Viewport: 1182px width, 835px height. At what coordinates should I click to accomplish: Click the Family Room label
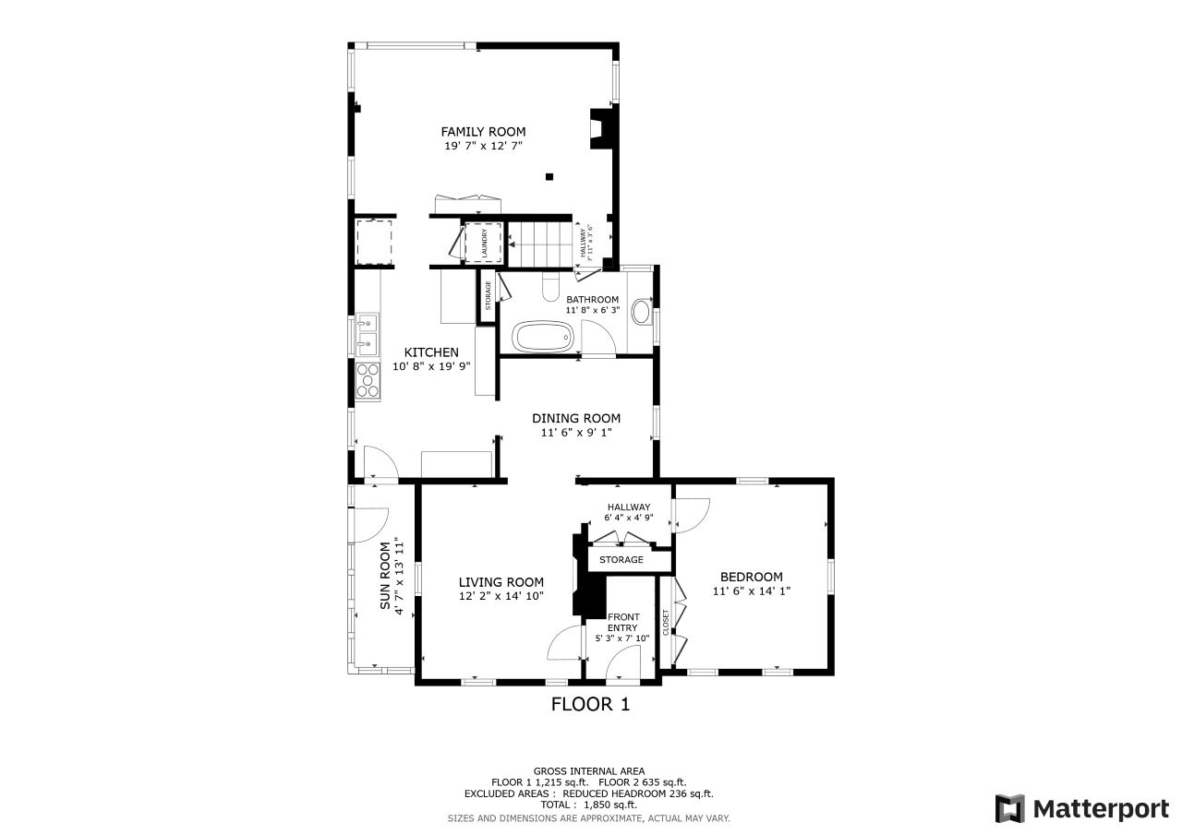click(483, 132)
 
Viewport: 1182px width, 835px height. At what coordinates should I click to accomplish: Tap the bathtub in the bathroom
click(542, 338)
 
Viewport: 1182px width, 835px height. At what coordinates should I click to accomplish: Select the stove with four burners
click(368, 380)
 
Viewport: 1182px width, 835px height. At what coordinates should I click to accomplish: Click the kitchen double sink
click(368, 334)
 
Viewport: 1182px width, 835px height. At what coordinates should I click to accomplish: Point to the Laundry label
click(485, 243)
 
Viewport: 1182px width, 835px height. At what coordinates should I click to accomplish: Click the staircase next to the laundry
click(539, 245)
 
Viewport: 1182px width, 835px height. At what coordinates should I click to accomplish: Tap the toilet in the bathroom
click(550, 287)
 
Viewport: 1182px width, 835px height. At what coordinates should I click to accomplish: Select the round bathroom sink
click(642, 311)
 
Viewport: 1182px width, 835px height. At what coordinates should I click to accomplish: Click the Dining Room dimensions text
click(576, 433)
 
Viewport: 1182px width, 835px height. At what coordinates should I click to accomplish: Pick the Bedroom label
click(752, 577)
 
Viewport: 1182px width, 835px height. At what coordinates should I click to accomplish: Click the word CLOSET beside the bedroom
click(666, 623)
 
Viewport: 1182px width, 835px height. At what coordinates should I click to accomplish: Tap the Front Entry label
click(623, 622)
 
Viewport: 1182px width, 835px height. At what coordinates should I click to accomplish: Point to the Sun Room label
click(385, 576)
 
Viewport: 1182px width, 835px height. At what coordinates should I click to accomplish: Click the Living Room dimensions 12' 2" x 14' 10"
click(501, 596)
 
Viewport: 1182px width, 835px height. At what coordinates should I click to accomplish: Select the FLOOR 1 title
click(590, 704)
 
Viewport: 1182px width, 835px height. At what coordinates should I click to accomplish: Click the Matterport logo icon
click(1010, 808)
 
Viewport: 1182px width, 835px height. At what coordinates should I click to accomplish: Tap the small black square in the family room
click(549, 176)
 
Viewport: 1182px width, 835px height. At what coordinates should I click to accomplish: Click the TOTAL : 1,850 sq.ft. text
click(589, 805)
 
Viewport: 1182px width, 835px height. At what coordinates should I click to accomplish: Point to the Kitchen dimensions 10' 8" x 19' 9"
click(431, 366)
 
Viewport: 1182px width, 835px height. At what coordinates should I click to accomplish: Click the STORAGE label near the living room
click(621, 559)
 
